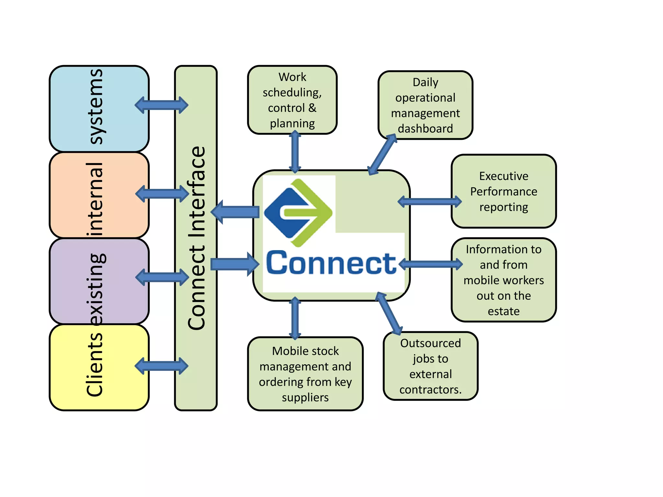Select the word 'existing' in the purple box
pos(96,289)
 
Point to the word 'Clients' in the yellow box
pos(95,365)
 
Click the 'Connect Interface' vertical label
pos(197,238)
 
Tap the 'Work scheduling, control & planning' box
pos(292,100)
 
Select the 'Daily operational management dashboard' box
pos(425,105)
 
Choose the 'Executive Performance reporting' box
pos(503,191)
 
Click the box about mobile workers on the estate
pos(503,280)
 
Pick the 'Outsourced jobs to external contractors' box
pos(430,366)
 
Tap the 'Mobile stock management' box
pos(305,374)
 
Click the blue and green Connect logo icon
pos(298,213)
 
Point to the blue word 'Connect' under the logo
pos(331,263)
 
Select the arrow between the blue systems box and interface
pos(161,105)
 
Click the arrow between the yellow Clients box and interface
pos(161,366)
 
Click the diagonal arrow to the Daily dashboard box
pos(383,154)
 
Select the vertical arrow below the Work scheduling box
pos(295,152)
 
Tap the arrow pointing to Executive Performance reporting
pos(430,202)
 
